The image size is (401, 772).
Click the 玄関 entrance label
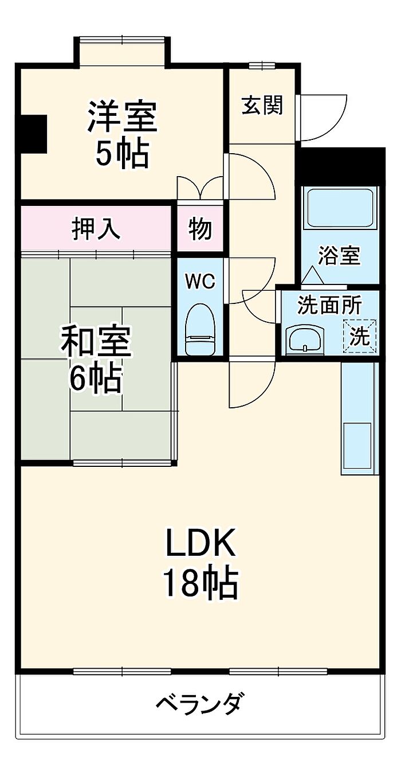[x=262, y=106]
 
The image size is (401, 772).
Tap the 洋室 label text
[x=121, y=116]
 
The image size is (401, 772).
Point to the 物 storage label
[x=200, y=229]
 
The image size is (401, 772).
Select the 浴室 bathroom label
[x=339, y=256]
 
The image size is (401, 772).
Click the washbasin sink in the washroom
[x=305, y=339]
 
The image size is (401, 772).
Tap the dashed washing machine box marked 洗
[x=360, y=336]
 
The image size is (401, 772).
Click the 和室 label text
[x=96, y=342]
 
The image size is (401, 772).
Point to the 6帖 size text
[x=96, y=378]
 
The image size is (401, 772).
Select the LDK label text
[x=200, y=544]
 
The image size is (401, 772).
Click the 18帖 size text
[x=200, y=583]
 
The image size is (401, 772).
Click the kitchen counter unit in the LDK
[x=360, y=419]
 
